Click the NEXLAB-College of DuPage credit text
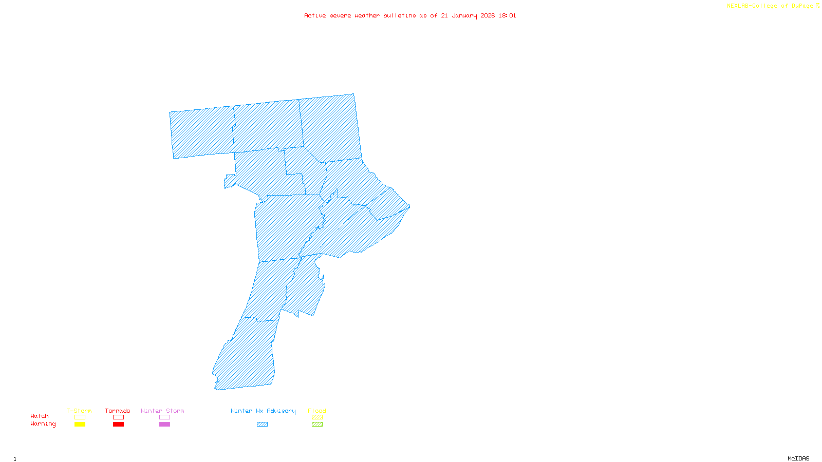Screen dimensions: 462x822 [x=770, y=6]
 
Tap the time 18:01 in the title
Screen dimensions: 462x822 [x=507, y=15]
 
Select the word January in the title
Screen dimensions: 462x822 [x=464, y=15]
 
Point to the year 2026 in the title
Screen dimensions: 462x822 [x=488, y=15]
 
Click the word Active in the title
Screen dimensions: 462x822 [x=315, y=15]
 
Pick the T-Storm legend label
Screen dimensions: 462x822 [x=79, y=411]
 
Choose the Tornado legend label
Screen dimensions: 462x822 [x=118, y=411]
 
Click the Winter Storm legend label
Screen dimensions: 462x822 [x=162, y=411]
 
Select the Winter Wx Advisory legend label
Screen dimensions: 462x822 [x=263, y=411]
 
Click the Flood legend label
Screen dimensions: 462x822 [x=317, y=411]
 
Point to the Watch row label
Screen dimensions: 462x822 [x=40, y=416]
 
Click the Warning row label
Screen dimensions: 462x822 [x=43, y=424]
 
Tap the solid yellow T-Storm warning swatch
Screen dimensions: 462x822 [x=80, y=425]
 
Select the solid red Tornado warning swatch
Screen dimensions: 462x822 [x=119, y=425]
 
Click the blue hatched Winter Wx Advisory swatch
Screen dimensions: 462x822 [x=262, y=425]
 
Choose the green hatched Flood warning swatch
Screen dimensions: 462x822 [x=317, y=425]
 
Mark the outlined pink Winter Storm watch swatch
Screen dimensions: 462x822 [x=164, y=417]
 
